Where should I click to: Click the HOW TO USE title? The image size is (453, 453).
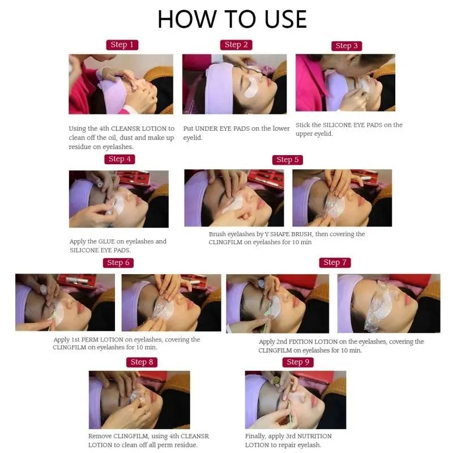232,19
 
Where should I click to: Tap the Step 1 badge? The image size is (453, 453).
122,45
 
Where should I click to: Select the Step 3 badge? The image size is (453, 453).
347,46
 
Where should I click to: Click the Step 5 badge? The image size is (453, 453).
288,160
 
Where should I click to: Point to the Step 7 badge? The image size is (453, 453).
335,262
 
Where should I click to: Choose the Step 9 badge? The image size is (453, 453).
298,362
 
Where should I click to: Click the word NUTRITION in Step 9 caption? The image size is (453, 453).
314,436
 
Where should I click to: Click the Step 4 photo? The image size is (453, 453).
119,199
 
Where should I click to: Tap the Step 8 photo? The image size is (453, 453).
139,400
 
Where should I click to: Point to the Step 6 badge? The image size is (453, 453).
118,263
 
